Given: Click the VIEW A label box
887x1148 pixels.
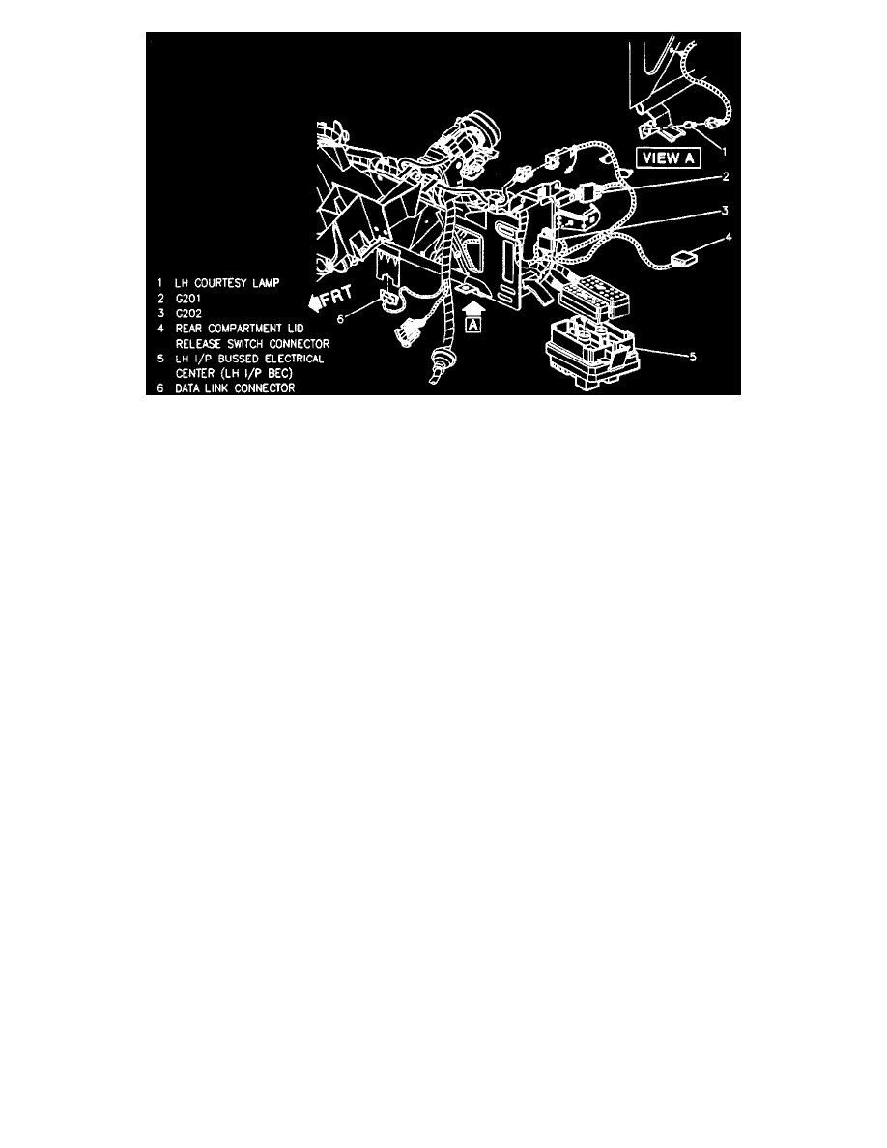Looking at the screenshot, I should click(668, 158).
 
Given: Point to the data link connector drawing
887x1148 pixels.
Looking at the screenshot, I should click(389, 303).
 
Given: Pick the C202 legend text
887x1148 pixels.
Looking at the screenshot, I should click(188, 313).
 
